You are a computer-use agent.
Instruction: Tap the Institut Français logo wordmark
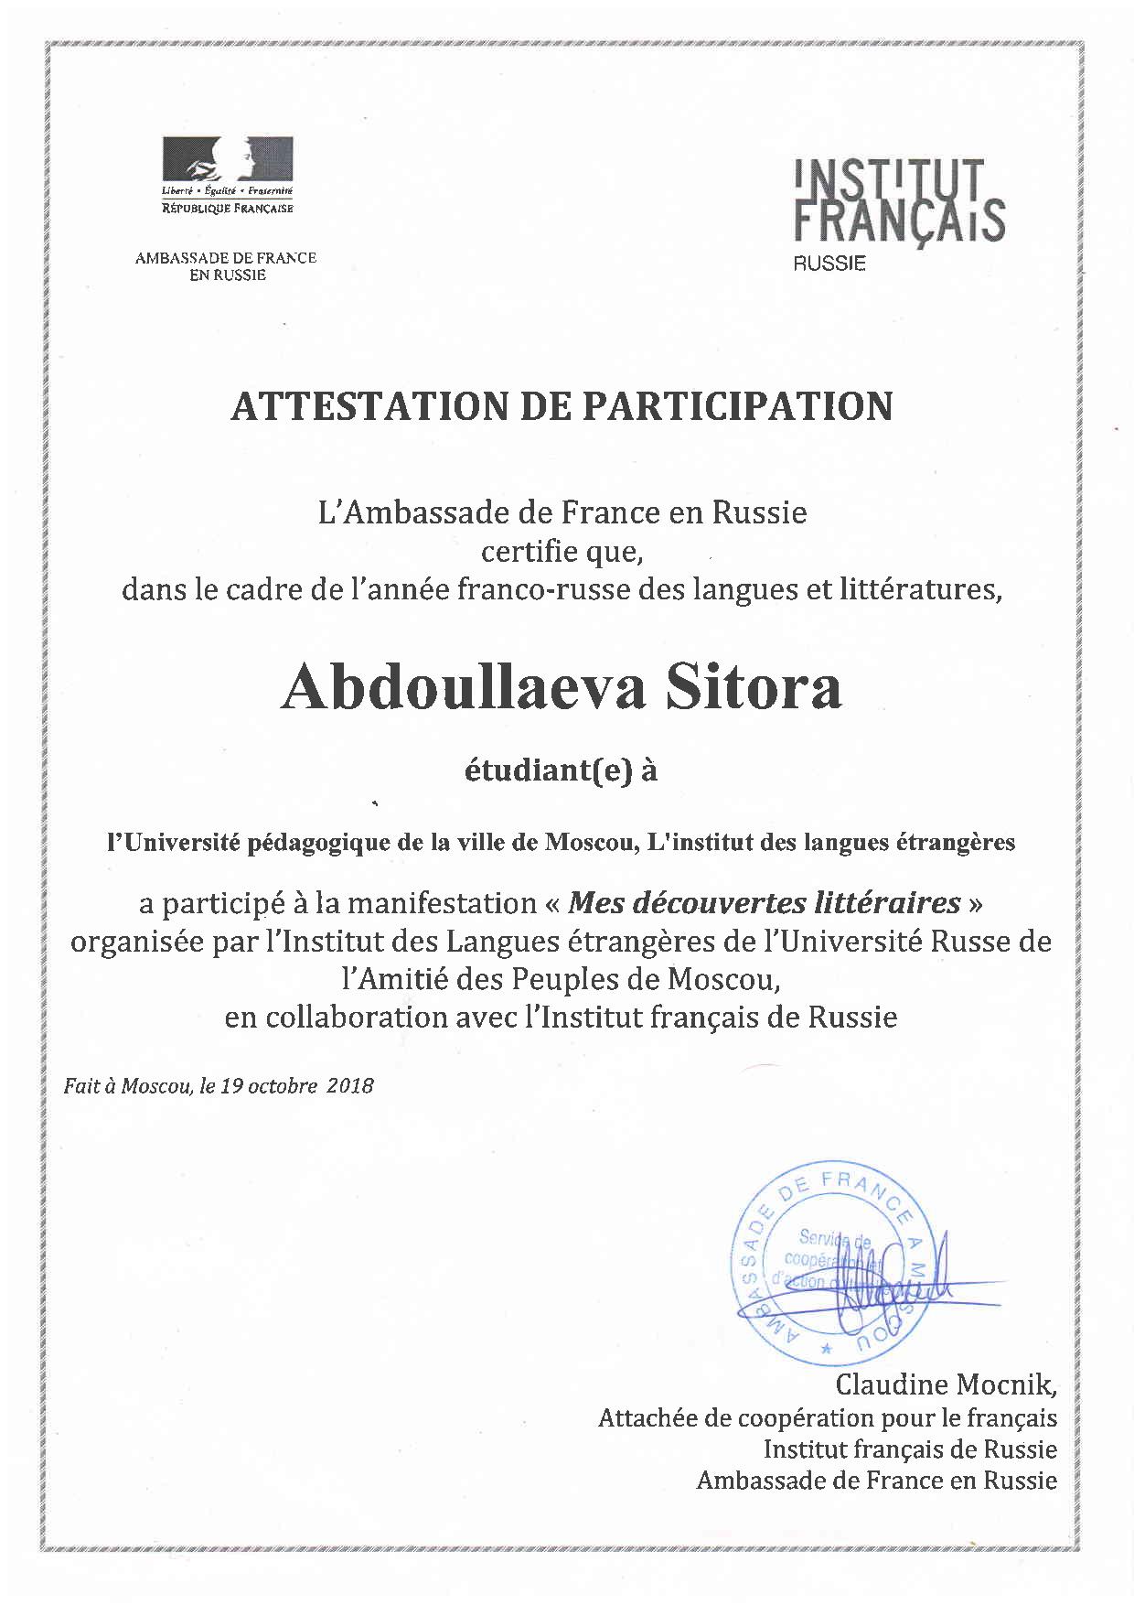pos(899,201)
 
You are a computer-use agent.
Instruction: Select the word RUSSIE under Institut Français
pos(829,264)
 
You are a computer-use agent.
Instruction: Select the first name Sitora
pos(753,688)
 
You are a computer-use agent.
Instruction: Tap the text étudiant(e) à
pos(561,771)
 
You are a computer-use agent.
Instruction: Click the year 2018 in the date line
pos(350,1086)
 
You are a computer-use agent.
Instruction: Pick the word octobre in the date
pos(283,1086)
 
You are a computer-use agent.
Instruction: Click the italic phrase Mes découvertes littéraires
pos(764,904)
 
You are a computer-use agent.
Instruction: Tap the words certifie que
pos(556,552)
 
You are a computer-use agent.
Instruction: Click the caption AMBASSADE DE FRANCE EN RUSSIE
pos(226,266)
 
